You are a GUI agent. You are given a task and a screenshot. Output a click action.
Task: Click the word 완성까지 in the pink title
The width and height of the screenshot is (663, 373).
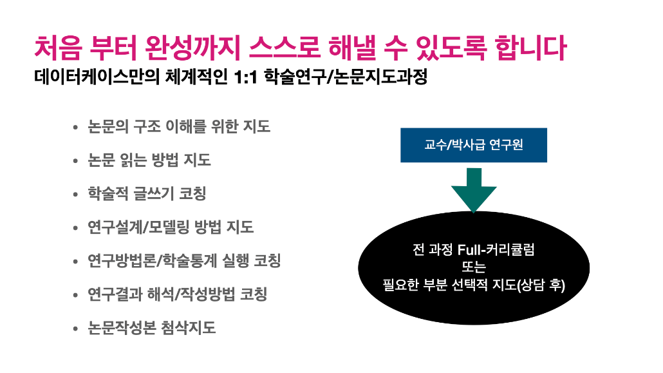[x=192, y=48]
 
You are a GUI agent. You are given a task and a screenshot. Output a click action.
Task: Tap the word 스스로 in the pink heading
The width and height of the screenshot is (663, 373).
[x=284, y=48]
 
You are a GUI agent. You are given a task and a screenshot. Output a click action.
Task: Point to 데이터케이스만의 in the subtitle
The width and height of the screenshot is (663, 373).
[x=97, y=77]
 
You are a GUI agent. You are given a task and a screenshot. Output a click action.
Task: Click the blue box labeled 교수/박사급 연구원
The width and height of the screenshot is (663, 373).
[x=474, y=145]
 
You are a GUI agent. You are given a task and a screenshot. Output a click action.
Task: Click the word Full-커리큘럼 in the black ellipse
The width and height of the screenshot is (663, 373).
[x=496, y=249]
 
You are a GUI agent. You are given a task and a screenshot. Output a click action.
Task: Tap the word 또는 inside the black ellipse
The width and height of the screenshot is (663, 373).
[x=474, y=267]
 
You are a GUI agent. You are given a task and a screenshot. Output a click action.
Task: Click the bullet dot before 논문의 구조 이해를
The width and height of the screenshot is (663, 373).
[x=75, y=127]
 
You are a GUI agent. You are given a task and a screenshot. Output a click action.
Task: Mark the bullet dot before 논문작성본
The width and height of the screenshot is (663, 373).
[x=75, y=328]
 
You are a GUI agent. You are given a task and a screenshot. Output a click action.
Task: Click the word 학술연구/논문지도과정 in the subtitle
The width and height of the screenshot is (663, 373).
[x=346, y=77]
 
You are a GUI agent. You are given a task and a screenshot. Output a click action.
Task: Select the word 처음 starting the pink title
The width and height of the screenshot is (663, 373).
[x=59, y=48]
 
